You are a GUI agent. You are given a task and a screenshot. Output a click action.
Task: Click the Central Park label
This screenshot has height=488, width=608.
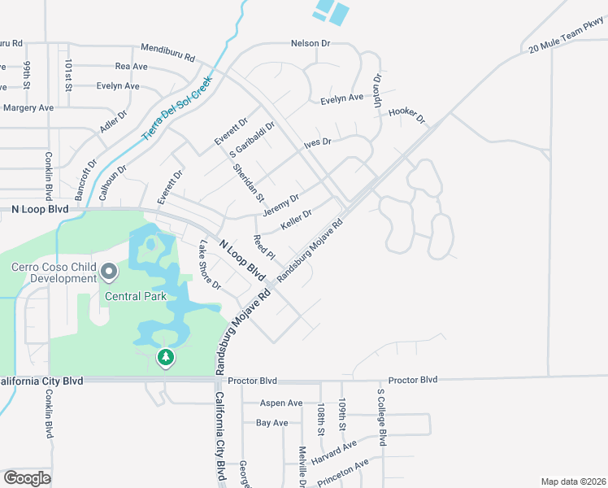[134, 296]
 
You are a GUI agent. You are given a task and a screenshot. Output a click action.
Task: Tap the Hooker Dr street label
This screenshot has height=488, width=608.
[407, 115]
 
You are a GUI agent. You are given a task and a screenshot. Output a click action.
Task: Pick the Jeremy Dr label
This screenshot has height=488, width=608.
[281, 204]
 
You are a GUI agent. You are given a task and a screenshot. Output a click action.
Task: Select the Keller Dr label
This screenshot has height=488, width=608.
[297, 220]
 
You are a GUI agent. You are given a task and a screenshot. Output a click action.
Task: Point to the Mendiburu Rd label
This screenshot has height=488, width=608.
[167, 52]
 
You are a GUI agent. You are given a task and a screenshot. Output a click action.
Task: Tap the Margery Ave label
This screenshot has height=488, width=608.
[27, 107]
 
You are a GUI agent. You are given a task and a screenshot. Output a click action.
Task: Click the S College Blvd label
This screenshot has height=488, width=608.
[380, 416]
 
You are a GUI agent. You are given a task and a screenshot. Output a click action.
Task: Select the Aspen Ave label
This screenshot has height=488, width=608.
[280, 403]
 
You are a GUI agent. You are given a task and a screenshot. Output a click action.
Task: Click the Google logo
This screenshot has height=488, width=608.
[27, 478]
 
